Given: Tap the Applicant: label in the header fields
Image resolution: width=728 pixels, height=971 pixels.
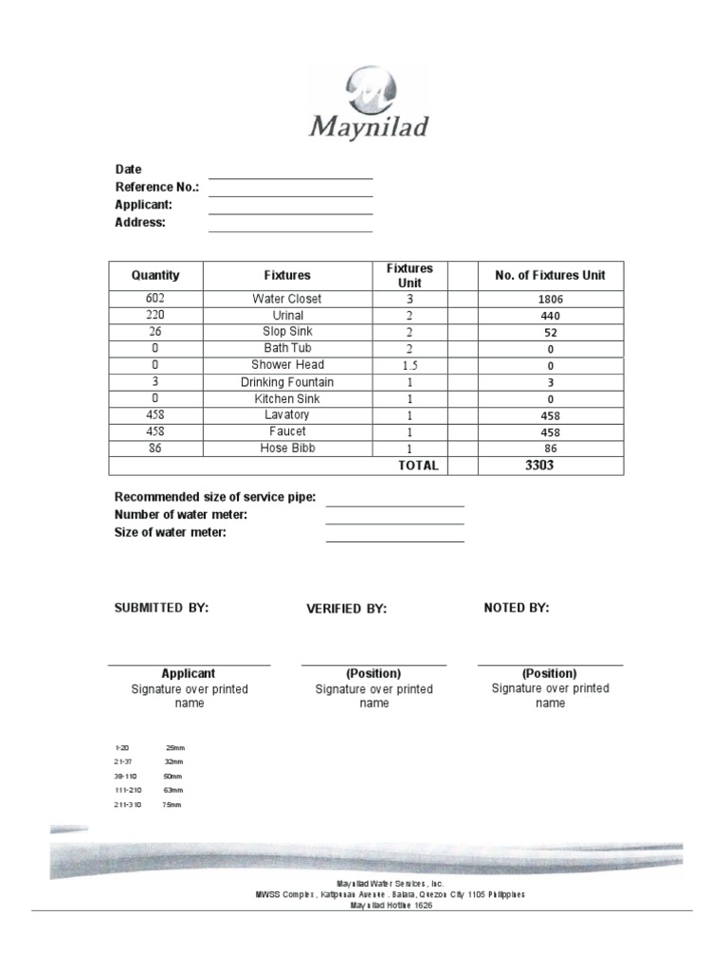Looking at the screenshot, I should [x=144, y=205].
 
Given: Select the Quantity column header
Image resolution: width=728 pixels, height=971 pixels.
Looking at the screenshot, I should [x=155, y=276].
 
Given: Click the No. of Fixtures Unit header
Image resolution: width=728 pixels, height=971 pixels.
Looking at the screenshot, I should [x=550, y=276].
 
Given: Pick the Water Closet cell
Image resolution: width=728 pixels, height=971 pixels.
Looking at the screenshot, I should [x=286, y=299].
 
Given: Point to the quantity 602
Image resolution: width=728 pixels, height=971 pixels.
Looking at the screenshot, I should [x=155, y=299].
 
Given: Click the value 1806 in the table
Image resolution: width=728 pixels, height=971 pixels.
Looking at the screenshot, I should [x=550, y=300].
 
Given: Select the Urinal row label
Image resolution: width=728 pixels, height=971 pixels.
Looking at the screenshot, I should [x=286, y=316].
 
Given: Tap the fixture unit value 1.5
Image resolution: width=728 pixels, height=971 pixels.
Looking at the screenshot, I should [x=409, y=365].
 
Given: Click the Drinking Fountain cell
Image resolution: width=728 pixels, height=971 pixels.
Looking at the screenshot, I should [x=286, y=382].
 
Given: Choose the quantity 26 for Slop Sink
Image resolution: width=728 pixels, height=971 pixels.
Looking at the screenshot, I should [x=155, y=332].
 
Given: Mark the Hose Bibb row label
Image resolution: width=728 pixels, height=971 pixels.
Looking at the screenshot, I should [x=286, y=448].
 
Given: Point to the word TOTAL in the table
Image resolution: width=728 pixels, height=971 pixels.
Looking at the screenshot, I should [x=418, y=466].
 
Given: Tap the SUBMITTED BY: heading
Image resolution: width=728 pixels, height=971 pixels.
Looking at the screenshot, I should [x=161, y=608].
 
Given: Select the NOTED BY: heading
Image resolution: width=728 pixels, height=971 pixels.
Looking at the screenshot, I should [x=516, y=608].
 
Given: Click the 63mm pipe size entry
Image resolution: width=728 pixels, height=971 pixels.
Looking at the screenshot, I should [x=173, y=790].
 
